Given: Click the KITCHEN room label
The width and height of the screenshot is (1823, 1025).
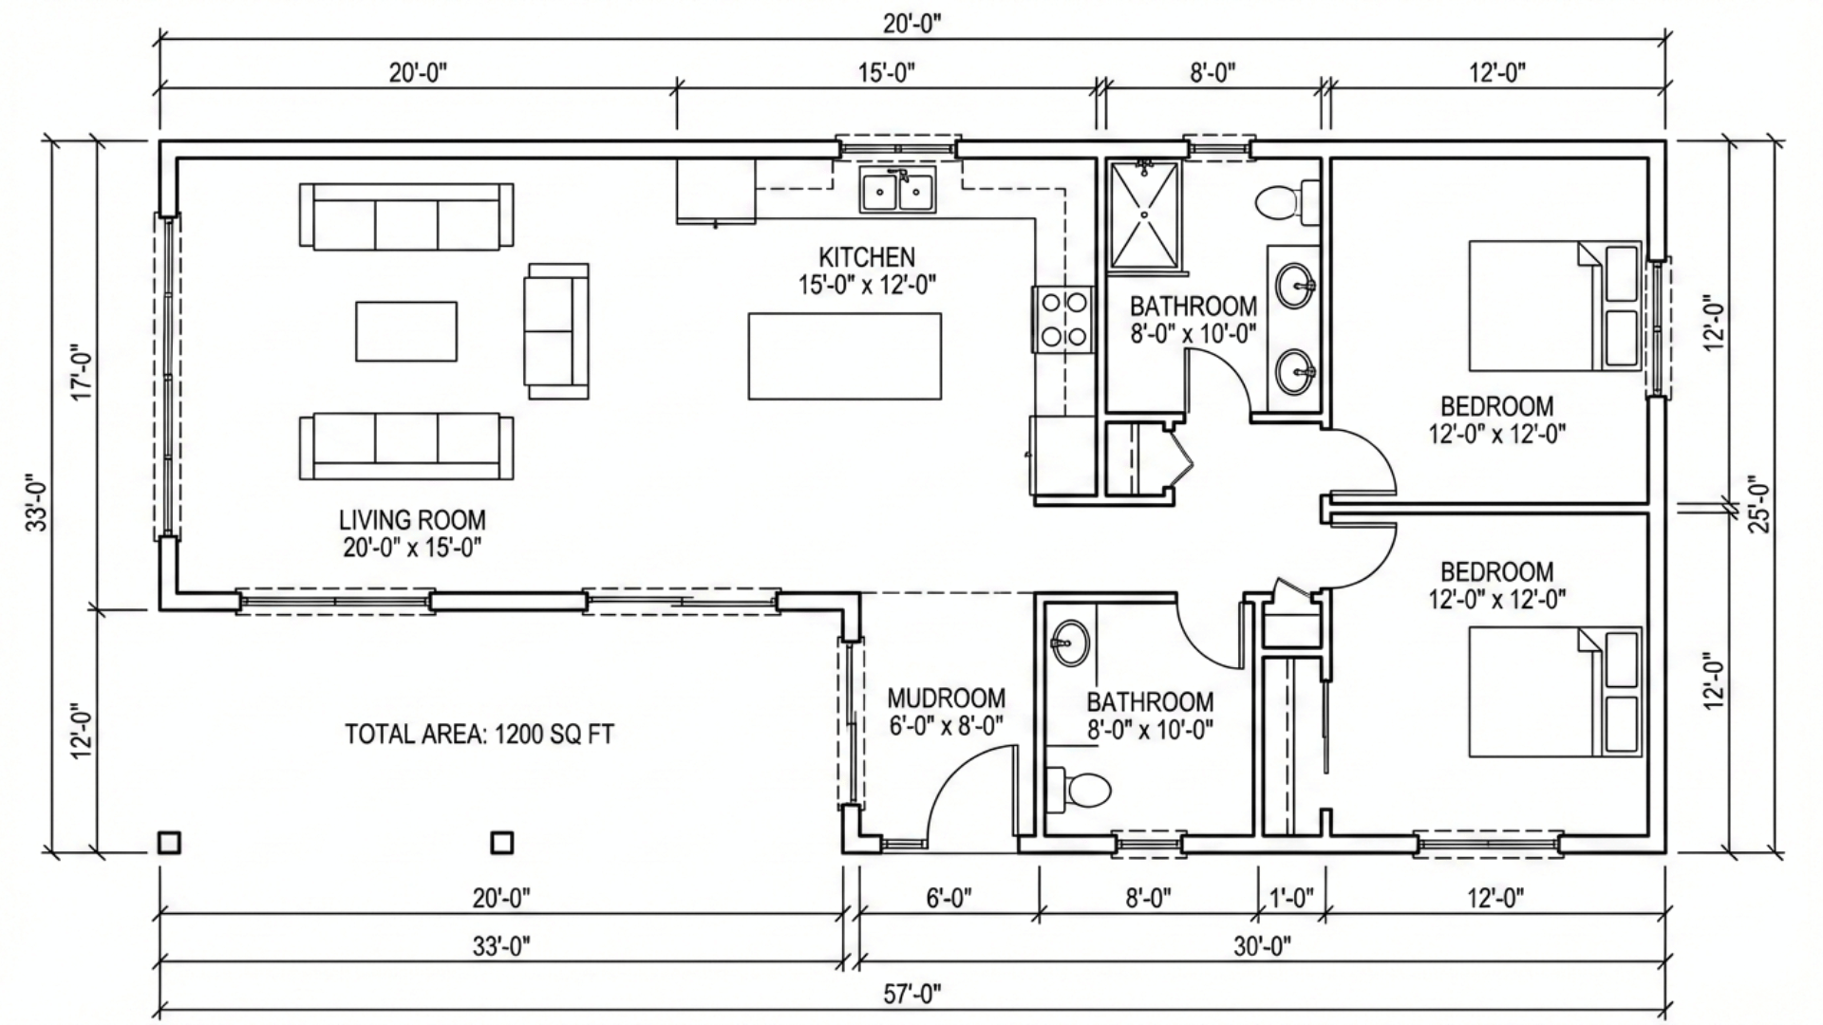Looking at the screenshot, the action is point(867,257).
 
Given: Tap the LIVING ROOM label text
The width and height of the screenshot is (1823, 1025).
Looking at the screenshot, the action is point(412,520).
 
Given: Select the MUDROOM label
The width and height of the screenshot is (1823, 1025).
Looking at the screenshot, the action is point(946,699).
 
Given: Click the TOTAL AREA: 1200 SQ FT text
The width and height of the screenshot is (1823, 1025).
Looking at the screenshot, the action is point(479,735).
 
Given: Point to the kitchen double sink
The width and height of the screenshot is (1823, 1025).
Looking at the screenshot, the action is point(897,191).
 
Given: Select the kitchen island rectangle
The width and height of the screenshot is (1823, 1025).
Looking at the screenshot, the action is point(845,356).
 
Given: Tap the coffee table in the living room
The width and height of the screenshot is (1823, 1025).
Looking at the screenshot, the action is point(406,331).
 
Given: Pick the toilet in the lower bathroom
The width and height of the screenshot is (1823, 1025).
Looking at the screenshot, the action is point(1078,789).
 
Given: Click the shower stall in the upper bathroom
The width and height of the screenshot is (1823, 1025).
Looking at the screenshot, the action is point(1145,214).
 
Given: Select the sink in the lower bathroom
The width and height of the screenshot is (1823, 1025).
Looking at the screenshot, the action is point(1071,643).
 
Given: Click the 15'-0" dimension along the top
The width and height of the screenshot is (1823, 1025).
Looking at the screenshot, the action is point(888,72).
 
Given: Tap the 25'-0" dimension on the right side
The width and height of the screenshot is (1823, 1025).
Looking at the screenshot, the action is point(1758,503).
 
